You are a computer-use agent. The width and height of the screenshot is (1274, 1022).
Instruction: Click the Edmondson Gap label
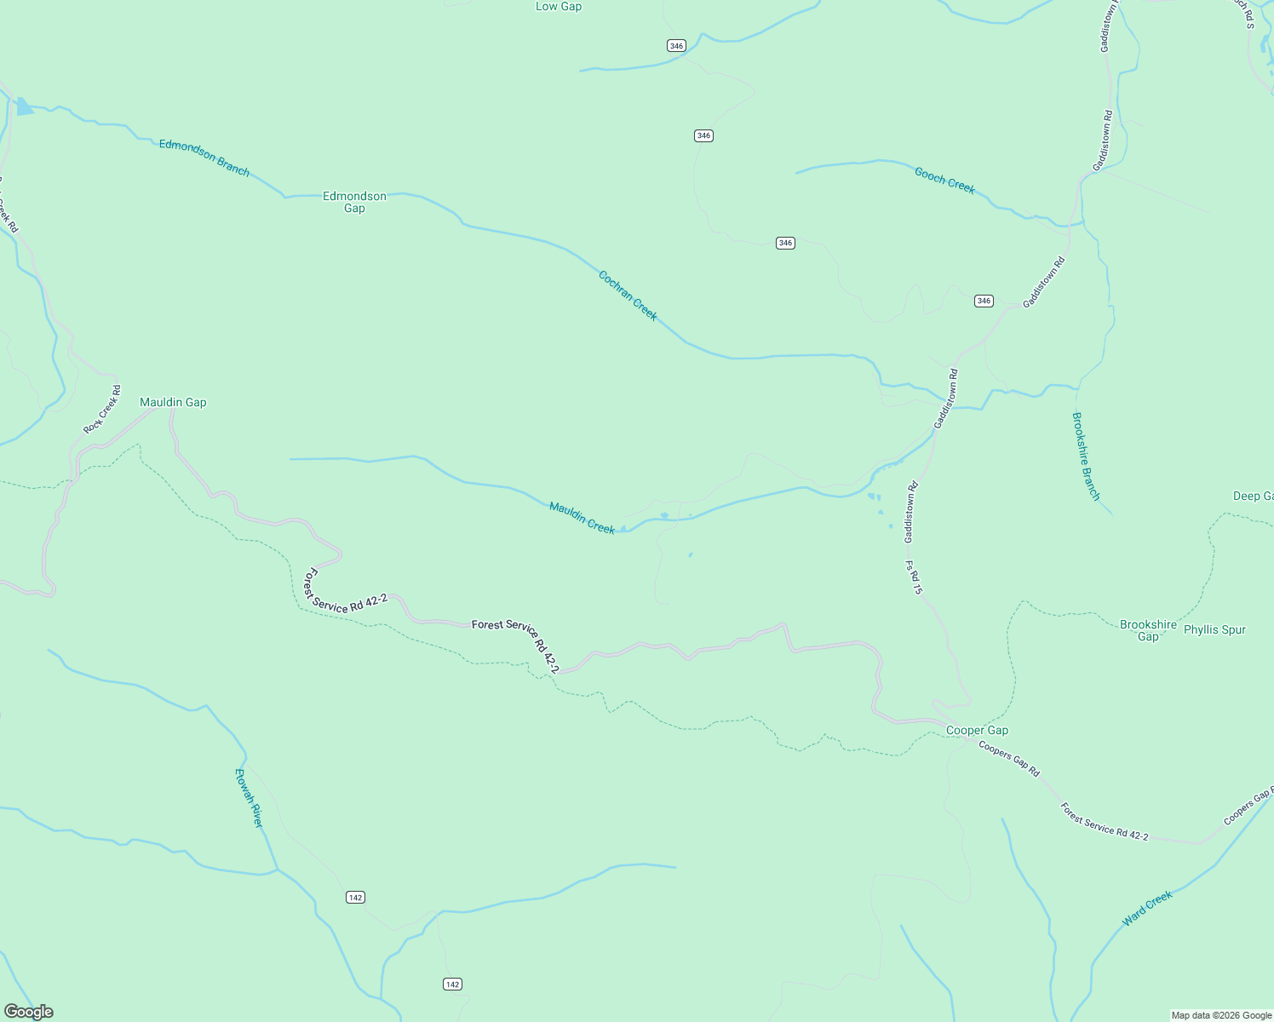tap(354, 202)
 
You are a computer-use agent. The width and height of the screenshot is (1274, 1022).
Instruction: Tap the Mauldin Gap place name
tap(173, 402)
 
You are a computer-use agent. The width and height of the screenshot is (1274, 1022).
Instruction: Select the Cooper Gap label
tap(977, 730)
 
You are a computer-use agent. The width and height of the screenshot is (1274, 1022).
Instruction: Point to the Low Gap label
tap(559, 7)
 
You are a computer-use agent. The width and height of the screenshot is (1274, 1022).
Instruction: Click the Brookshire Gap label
tap(1148, 630)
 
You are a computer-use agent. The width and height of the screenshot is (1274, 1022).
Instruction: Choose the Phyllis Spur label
tap(1214, 630)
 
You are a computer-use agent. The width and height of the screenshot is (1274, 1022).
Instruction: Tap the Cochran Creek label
tap(628, 296)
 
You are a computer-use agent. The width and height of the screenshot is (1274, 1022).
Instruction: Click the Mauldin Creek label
tap(582, 518)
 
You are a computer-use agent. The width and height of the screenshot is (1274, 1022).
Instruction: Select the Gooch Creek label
tap(944, 181)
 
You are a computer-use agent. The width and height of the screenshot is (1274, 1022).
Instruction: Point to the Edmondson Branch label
tap(204, 158)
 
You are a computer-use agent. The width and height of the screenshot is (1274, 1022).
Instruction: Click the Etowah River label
tap(249, 798)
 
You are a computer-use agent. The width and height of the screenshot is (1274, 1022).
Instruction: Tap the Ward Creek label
tap(1147, 908)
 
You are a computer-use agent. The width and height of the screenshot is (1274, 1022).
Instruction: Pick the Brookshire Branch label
tap(1086, 456)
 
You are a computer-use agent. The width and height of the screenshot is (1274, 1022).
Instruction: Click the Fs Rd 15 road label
tap(914, 577)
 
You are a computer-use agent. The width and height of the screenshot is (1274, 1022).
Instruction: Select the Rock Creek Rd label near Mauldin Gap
tap(102, 410)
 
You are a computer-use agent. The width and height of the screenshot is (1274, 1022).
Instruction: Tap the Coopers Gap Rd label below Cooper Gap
tap(1009, 759)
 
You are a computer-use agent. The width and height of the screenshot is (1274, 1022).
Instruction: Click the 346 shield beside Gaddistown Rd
tap(984, 301)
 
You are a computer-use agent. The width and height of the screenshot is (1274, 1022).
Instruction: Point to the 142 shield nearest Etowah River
tap(355, 897)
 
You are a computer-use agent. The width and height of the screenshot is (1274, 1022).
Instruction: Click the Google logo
tap(28, 1012)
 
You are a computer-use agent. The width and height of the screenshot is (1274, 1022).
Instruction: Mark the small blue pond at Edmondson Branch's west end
tap(24, 107)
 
